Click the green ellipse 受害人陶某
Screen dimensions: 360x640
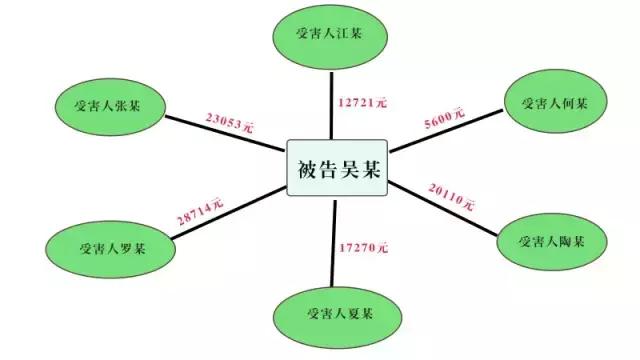551,241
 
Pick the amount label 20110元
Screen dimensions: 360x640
451,195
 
